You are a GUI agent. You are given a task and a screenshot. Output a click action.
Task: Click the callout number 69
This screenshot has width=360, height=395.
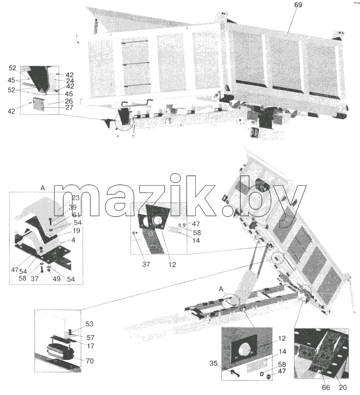298,5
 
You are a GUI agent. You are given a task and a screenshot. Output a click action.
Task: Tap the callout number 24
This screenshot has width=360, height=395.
70,81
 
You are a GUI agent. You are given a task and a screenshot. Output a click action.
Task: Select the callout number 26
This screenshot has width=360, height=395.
69,101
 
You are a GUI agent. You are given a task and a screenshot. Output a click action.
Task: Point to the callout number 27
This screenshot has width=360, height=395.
69,107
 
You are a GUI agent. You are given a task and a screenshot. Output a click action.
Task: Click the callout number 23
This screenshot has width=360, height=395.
76,198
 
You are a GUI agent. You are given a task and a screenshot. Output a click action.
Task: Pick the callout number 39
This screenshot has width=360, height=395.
73,207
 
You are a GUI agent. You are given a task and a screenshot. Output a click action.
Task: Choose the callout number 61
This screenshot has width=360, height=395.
76,215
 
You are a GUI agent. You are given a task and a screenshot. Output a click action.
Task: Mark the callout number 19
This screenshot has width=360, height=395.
76,230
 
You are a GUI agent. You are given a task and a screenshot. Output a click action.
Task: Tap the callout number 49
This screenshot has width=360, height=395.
56,279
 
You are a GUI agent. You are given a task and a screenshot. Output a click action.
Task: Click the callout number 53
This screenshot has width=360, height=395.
89,324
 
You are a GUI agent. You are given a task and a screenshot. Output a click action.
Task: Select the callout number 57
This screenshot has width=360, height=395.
90,337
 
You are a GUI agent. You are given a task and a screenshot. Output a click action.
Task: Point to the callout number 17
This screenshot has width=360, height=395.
90,346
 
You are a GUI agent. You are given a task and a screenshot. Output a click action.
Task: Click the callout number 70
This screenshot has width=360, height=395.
89,361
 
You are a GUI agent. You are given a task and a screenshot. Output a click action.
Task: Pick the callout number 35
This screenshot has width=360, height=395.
213,364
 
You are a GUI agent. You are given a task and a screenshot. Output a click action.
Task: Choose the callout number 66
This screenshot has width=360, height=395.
326,387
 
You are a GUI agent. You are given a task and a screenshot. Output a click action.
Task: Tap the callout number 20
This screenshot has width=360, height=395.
343,387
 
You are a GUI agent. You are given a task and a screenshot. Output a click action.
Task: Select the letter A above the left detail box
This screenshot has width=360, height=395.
43,188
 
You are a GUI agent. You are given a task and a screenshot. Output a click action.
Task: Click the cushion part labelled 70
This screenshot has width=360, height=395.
59,351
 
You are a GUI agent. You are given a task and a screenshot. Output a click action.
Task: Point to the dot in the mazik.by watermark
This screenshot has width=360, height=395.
228,211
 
